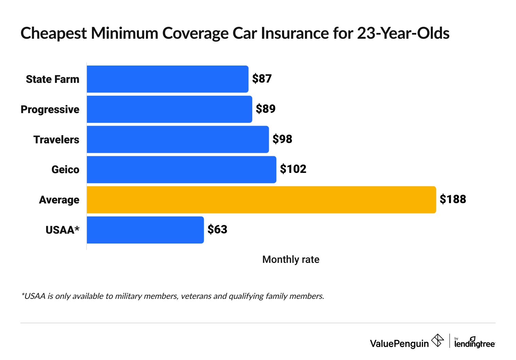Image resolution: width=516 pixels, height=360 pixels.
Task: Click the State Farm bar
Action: point(167,79)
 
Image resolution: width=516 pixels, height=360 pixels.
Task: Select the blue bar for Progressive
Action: point(169,109)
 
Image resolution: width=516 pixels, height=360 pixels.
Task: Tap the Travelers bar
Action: point(178,140)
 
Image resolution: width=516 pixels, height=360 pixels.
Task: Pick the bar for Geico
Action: point(181,169)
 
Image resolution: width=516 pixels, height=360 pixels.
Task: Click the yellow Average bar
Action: point(261,200)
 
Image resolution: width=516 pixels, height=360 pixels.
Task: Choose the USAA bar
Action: point(145,230)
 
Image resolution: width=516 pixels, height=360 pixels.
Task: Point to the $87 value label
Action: point(262,79)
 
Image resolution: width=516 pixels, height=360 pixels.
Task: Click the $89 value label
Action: point(265,109)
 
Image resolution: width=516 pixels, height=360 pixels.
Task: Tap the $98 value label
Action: point(282,139)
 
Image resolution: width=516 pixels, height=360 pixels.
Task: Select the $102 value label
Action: point(293,169)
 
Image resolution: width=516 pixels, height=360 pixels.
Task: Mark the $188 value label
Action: point(453,199)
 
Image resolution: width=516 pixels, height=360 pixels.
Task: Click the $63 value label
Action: point(217,230)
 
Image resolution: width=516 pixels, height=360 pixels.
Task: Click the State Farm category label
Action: point(53,79)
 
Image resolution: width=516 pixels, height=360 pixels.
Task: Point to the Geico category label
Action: point(65,169)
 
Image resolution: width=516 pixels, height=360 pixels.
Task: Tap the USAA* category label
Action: point(62,230)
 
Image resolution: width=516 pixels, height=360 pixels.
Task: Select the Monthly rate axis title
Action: point(291,259)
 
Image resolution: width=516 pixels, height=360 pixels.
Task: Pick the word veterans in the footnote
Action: point(197,296)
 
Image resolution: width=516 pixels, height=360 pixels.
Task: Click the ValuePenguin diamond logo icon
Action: point(438,340)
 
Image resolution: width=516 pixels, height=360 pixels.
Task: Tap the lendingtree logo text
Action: point(475,344)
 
